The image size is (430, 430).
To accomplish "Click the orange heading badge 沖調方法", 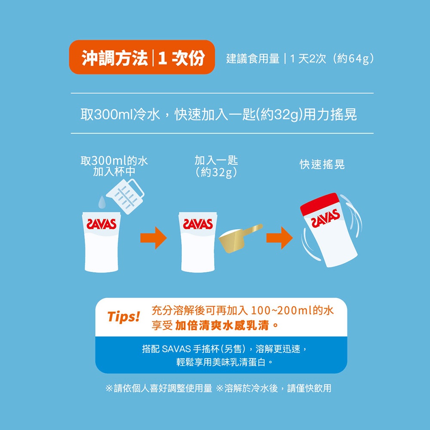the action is [142, 57].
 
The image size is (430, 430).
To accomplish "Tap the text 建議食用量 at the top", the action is [253, 58].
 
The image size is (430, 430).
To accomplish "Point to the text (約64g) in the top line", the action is [353, 58].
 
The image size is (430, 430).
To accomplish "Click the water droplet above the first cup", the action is [102, 202].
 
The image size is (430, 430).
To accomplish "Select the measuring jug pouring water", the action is [125, 196].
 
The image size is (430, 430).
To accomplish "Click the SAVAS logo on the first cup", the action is [101, 224].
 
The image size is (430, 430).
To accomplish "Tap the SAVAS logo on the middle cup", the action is [198, 224].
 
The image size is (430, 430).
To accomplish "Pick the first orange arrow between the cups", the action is [154, 238].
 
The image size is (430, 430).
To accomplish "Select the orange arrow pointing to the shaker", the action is [279, 238].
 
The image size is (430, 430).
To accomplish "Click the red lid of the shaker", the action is [319, 204].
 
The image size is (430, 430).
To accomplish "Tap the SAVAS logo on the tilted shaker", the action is [325, 218].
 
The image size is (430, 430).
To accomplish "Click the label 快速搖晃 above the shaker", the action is [322, 165].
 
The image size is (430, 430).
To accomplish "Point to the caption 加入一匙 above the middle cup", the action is [216, 160].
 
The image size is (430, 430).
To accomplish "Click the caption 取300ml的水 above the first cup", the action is [114, 161].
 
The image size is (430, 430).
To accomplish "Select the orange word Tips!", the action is [124, 317].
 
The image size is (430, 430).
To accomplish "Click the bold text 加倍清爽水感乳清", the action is [222, 326].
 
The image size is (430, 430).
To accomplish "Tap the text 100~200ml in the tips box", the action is [282, 310].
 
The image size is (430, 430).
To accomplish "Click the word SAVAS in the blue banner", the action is [176, 349].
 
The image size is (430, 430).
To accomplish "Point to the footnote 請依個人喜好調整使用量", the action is [163, 388].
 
